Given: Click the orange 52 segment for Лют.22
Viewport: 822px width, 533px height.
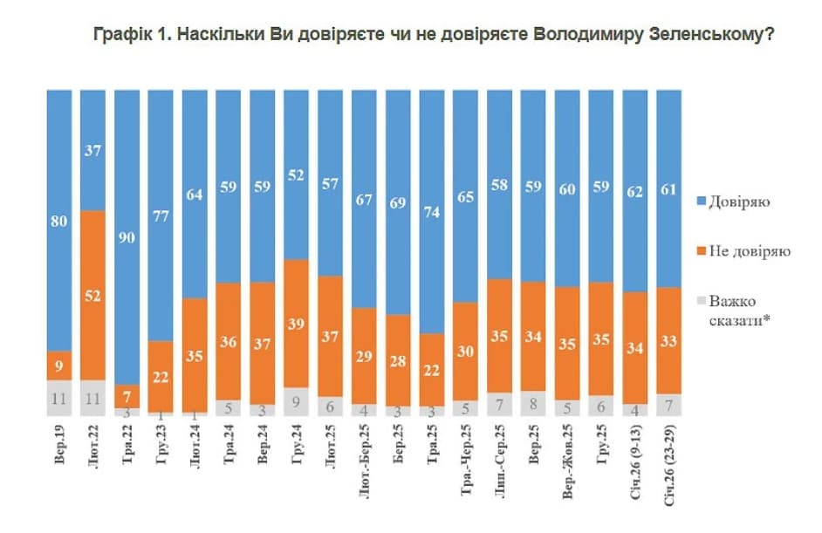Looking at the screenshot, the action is (x=92, y=296).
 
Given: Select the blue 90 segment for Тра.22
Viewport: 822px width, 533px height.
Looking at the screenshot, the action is (x=127, y=237).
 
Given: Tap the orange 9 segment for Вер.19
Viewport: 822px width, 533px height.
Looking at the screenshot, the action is (x=58, y=366).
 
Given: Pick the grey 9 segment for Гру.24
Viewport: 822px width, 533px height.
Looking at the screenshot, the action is (x=296, y=402).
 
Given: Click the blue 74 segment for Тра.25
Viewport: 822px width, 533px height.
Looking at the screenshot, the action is (x=431, y=212).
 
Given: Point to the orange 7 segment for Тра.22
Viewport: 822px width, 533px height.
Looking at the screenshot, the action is (x=127, y=396).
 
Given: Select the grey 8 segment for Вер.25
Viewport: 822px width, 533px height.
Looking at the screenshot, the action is (x=533, y=404).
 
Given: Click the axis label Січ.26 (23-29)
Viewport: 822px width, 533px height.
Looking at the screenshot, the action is (x=669, y=465).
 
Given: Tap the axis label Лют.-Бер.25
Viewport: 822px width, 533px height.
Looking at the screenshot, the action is (x=365, y=461).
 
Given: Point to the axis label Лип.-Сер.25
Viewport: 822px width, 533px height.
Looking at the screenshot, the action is (x=500, y=461).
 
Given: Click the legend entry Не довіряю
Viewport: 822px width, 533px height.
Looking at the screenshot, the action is (x=743, y=251).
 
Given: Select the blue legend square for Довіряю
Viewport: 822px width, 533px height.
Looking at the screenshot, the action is (x=702, y=202).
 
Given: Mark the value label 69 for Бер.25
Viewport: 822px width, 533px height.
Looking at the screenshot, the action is (x=398, y=202).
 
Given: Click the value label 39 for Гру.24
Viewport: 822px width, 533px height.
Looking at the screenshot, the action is (x=296, y=324).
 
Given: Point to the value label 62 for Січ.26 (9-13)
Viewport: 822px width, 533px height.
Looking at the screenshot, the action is (x=635, y=192).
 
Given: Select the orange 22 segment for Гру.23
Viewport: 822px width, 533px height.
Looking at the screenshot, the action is (x=161, y=377).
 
